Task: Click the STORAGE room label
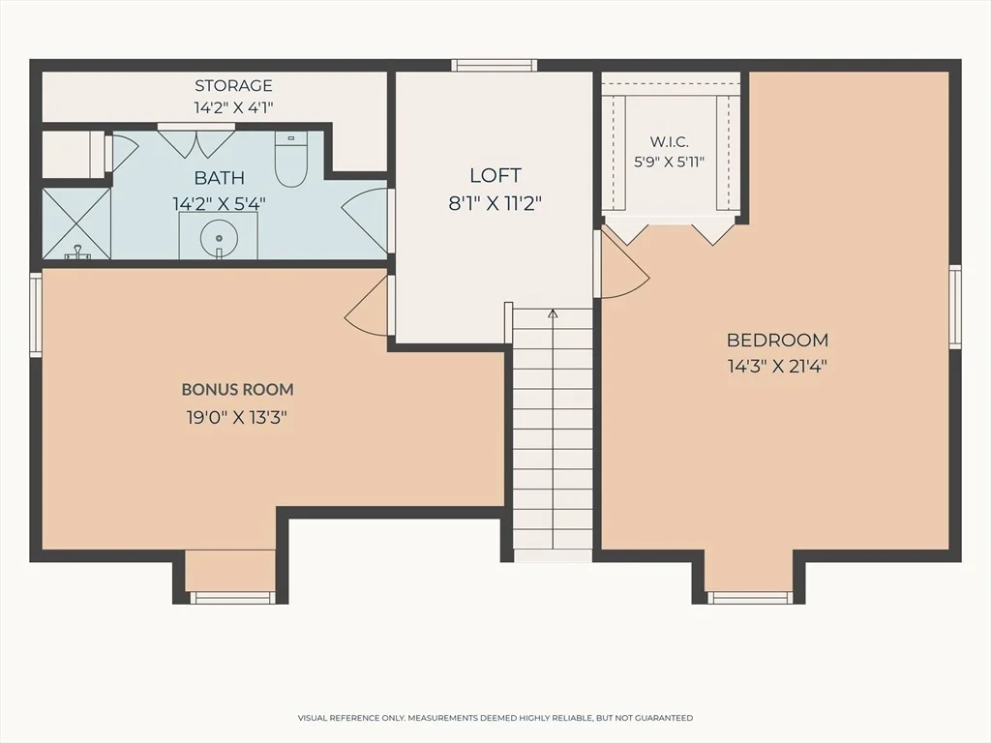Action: point(233,85)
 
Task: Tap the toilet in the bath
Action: point(290,159)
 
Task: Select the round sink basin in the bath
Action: point(219,238)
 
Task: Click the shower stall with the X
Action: point(76,223)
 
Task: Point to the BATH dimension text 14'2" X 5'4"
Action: point(220,204)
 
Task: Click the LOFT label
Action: point(495,175)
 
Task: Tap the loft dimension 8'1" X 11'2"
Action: point(495,203)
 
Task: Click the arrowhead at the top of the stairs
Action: point(553,312)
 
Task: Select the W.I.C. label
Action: point(670,142)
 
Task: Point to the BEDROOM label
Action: point(777,340)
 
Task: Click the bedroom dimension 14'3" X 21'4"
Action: point(777,367)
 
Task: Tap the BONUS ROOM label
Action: point(238,389)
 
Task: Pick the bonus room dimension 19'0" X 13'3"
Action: point(237,418)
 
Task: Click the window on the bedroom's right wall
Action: point(955,307)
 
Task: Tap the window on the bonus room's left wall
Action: point(36,314)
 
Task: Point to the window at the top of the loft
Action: point(495,65)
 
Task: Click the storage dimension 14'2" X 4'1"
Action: point(233,107)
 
